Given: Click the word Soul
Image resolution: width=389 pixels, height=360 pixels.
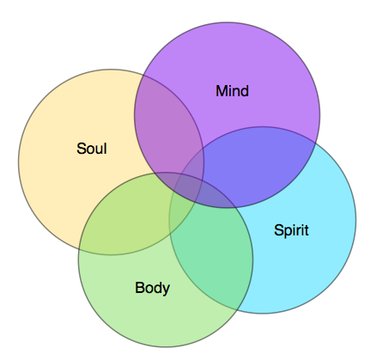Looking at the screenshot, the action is click(x=92, y=149).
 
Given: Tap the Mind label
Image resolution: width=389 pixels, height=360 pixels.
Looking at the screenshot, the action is click(x=232, y=91).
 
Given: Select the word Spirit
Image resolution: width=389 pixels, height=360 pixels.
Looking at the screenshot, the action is click(x=291, y=230).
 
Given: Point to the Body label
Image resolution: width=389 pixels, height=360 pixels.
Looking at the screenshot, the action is click(x=152, y=288).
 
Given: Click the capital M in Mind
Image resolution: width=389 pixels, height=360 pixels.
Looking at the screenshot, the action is click(x=222, y=91).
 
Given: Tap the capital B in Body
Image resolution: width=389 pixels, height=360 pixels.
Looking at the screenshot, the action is click(x=139, y=288).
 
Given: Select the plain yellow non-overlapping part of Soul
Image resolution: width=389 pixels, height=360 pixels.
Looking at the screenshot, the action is click(x=66, y=172).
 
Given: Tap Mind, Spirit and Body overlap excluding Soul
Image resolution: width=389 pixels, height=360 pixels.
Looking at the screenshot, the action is click(x=217, y=198).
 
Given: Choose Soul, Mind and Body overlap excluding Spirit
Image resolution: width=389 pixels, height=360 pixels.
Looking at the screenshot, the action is click(x=166, y=177).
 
